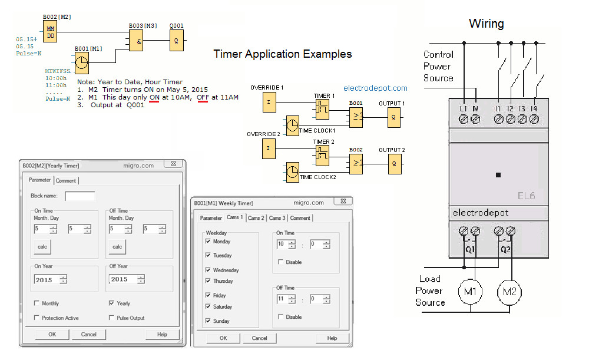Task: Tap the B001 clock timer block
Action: coord(82,61)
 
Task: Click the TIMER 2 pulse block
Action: coord(322,154)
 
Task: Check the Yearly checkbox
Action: coord(112,303)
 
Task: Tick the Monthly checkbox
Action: coord(37,303)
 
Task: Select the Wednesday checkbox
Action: coord(207,270)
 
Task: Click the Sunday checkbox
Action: coord(207,321)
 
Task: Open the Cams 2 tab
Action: coord(256,218)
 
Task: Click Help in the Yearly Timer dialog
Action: coord(162,334)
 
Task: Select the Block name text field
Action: coord(80,196)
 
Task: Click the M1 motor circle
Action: coord(471,291)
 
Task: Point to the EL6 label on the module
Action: coord(526,196)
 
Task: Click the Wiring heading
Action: coord(486,24)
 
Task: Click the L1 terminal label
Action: coord(464,108)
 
